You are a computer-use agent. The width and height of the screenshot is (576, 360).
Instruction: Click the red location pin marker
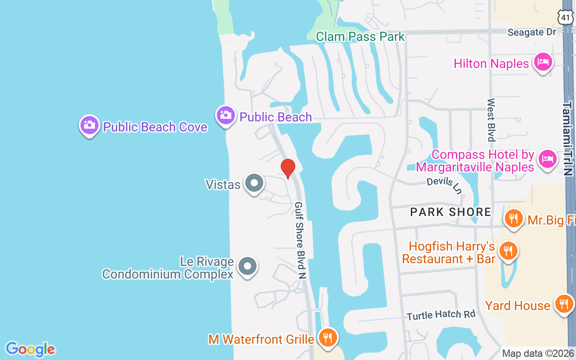coord(288,168)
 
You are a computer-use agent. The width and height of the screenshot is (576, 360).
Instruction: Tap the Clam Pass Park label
coord(360,36)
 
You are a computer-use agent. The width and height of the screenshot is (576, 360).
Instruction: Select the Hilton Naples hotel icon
coord(543,63)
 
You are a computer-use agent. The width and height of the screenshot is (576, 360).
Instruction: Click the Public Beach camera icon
coord(226,116)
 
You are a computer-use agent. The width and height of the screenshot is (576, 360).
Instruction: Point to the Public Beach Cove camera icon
coord(90,125)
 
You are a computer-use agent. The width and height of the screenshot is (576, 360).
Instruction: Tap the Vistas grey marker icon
coord(254,183)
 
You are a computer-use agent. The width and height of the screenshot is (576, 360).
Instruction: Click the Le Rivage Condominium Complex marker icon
coord(247,266)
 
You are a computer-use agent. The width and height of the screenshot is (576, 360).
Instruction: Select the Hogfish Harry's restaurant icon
coord(508,250)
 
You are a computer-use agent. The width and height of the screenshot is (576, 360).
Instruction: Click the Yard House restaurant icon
coord(564,304)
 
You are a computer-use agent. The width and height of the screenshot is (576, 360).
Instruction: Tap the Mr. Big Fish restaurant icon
coord(513,219)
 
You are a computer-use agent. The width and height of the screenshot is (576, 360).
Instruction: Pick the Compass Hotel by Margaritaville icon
coord(547,159)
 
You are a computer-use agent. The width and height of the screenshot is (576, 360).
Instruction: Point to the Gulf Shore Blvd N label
coord(300,240)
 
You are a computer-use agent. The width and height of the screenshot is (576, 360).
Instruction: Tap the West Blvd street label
coord(491,120)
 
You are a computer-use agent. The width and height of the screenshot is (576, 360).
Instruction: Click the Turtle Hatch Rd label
coord(441,315)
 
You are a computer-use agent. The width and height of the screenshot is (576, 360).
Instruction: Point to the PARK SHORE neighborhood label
coord(450,212)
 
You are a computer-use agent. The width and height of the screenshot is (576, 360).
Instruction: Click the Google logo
coord(31,349)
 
